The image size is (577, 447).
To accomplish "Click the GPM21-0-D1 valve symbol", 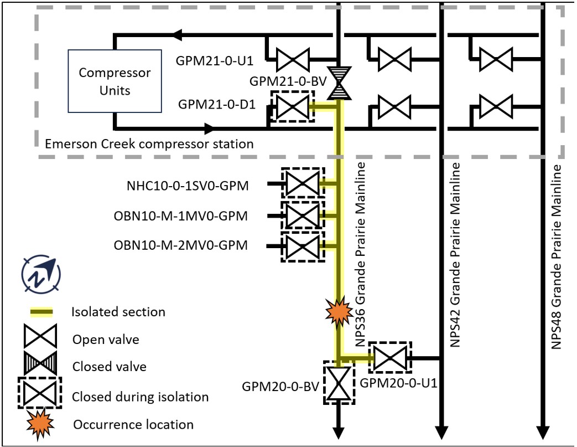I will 292,107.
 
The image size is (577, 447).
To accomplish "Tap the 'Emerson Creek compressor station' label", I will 150,144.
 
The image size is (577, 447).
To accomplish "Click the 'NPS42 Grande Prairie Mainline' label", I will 455,255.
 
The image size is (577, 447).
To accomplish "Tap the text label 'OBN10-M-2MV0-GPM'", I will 181,244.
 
